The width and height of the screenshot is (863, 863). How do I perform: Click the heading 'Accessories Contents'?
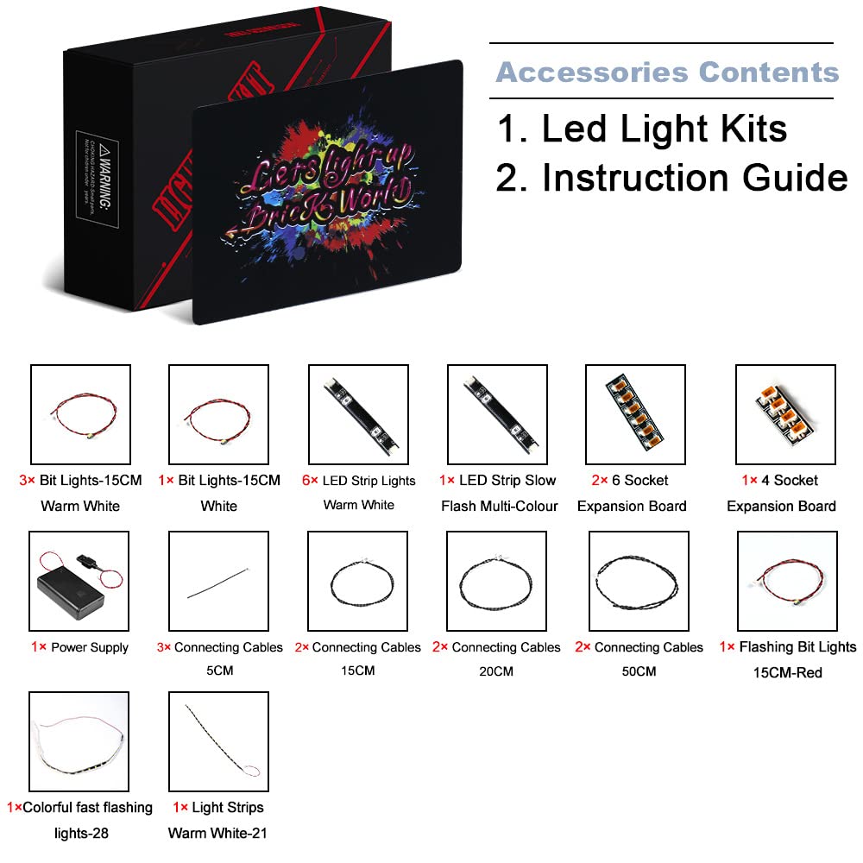point(666,72)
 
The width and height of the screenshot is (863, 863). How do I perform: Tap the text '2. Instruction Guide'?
point(671,178)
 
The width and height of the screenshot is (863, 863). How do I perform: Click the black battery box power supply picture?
point(79,581)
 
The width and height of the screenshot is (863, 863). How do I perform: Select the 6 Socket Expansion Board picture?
point(635,414)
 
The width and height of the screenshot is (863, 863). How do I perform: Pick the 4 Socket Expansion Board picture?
point(784,414)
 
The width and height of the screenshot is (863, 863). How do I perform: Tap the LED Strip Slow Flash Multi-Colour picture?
point(497,414)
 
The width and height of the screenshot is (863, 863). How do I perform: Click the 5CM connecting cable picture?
point(218,581)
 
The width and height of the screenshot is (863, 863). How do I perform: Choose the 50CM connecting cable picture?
point(638,581)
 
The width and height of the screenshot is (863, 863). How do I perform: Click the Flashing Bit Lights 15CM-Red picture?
point(786,581)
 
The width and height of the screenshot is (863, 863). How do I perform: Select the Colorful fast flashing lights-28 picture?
point(79,741)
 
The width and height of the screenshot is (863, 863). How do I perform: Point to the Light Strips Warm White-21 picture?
point(218,741)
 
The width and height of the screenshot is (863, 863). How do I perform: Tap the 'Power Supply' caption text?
point(90,647)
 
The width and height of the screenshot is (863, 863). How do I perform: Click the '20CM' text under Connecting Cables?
point(495,671)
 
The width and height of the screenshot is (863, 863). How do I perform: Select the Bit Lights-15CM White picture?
point(218,414)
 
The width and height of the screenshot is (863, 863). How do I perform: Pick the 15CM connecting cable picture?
point(357,581)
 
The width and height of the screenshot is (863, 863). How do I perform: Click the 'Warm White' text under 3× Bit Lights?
point(79,506)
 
